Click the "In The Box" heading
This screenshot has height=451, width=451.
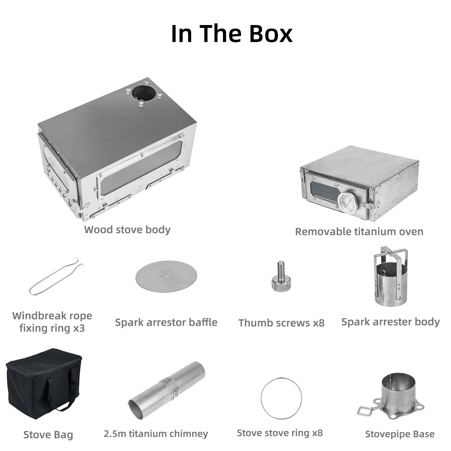[232, 34]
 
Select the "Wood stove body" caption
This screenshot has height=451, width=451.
[127, 230]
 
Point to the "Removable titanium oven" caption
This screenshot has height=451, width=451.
[359, 232]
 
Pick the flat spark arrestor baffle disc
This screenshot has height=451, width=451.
[166, 276]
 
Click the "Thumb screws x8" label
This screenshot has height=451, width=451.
[281, 323]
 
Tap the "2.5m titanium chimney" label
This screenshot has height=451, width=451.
[156, 434]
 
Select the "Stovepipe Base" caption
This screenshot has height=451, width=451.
[400, 434]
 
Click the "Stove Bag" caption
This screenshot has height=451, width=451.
[48, 435]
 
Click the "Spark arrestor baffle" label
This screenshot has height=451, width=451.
[166, 322]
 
